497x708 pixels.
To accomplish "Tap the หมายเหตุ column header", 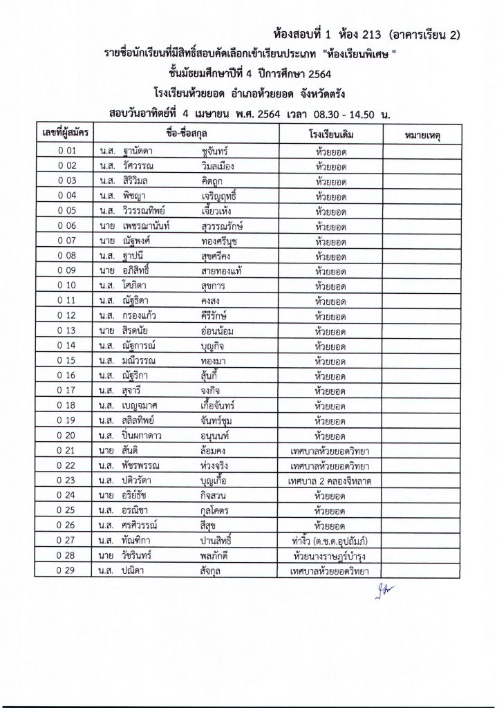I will pos(420,132).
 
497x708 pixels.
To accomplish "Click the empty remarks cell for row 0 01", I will pos(420,149).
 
